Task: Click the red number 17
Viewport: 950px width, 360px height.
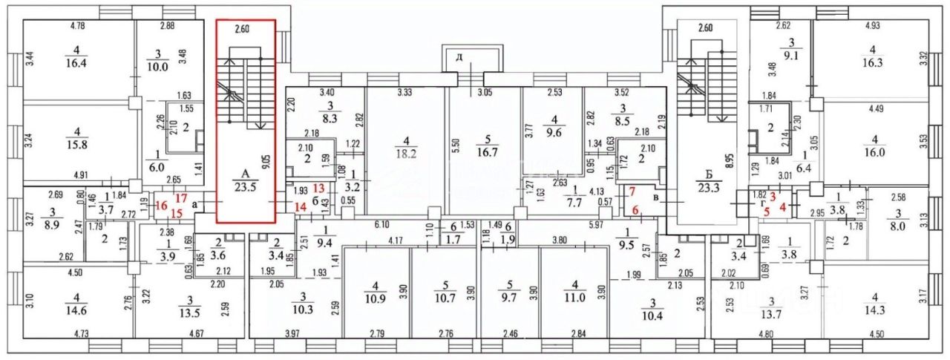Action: (180, 198)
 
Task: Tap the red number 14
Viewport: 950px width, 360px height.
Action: (300, 208)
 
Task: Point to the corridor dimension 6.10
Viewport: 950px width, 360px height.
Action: (382, 224)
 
